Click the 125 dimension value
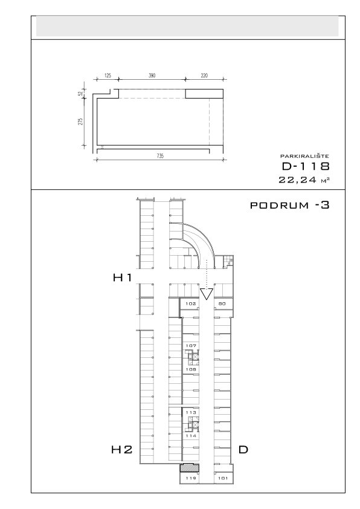pos(108,76)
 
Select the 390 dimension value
pos(152,76)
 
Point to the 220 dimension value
pos(204,76)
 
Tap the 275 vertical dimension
pos(81,122)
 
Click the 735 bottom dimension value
pos(160,156)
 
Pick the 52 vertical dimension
pos(80,94)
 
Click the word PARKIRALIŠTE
pos(304,156)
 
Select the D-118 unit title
pos(306,166)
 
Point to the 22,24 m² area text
pos(304,180)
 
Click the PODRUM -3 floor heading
pos(290,205)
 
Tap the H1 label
pos(122,277)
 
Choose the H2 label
pos(121,450)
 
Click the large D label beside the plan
pos(243,450)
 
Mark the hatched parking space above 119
pos(190,468)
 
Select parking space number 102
pos(191,304)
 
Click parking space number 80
pos(222,304)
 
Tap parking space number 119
pos(191,478)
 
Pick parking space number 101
pos(223,478)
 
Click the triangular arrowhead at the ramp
pos(207,294)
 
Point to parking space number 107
pos(191,346)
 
